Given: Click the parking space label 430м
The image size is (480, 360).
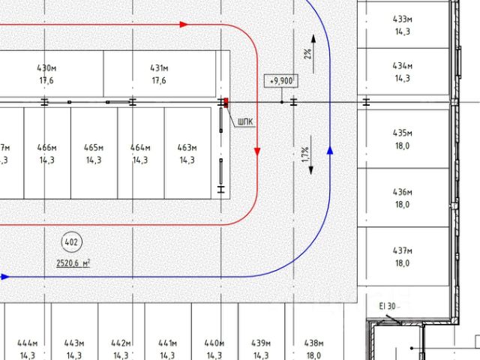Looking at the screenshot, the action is pos(47,68).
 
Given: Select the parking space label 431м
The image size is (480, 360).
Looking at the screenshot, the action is pos(158,68).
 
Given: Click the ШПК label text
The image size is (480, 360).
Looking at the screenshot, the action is pos(244,121).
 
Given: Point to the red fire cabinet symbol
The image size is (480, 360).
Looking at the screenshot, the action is pos(225,102).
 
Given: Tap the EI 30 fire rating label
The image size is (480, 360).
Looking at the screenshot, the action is pos(387,305).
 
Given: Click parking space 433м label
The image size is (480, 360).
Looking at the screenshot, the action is pos(403,19).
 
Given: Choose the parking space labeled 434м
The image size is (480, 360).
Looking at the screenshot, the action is pos(403,66).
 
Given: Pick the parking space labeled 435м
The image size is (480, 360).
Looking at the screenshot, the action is pos(403,133).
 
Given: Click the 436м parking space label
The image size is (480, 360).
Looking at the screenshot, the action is pos(403,193).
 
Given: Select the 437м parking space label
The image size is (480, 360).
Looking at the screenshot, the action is pos(403,250).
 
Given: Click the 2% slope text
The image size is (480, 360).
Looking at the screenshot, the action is pos(307,53).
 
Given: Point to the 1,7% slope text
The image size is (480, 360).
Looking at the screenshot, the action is pos(305,154).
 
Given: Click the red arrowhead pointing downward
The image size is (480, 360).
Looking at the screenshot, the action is pos(257,152).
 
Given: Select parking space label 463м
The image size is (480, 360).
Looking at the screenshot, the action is pos(186,147).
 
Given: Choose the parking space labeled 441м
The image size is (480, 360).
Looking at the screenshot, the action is pos(167,342).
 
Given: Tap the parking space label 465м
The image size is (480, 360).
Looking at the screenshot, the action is pos(94,147).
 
